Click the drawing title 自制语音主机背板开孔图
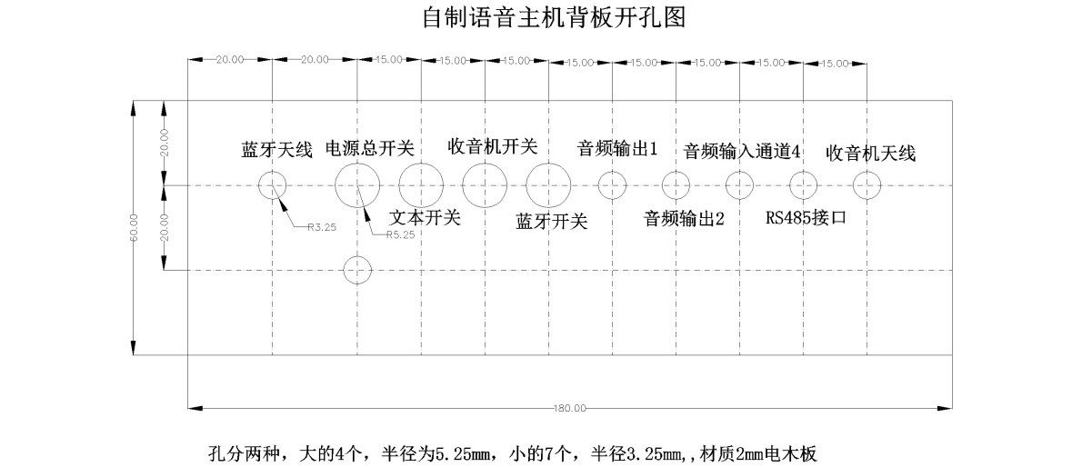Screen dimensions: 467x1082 click(x=553, y=17)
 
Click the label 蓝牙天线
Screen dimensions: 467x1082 click(x=276, y=150)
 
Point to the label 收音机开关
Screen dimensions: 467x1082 click(x=493, y=145)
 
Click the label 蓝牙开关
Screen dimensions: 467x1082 click(x=551, y=221)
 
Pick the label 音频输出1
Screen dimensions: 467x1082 click(x=617, y=148)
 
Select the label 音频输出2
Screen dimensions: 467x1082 click(x=684, y=218)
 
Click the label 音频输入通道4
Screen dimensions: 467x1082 click(x=742, y=151)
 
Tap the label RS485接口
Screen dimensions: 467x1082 click(x=806, y=217)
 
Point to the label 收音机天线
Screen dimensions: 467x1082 click(x=870, y=153)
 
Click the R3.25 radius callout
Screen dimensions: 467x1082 click(x=322, y=227)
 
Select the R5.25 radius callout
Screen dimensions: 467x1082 click(x=400, y=234)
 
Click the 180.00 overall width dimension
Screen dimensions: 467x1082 click(x=569, y=408)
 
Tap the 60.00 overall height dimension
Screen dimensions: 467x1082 click(x=134, y=227)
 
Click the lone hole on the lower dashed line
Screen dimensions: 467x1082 click(x=358, y=269)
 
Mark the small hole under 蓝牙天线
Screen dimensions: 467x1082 click(x=273, y=186)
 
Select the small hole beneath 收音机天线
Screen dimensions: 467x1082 click(x=867, y=186)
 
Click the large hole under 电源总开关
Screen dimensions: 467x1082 click(x=357, y=185)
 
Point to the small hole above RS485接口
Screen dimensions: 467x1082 click(x=803, y=186)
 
